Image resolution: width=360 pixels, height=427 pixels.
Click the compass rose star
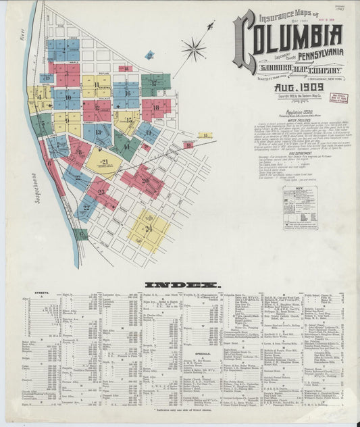pos(194,49)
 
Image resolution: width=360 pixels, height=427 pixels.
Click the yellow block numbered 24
pos(148,230)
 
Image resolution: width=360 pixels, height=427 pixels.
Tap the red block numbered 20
pos(143,181)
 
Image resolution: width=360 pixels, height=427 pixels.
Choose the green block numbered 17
pos(155,84)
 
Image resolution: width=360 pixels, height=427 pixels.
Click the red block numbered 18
pos(157,107)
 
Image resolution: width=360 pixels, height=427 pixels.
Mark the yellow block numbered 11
pos(97,86)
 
